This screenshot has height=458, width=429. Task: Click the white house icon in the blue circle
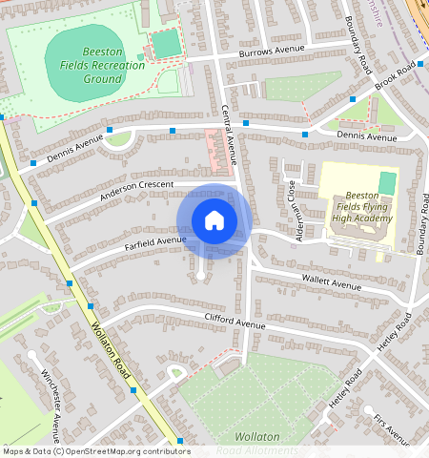(x=214, y=220)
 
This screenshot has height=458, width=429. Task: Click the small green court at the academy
(x=387, y=182)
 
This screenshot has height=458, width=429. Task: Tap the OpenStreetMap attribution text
(x=95, y=451)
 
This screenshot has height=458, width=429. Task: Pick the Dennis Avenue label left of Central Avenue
(x=75, y=149)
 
